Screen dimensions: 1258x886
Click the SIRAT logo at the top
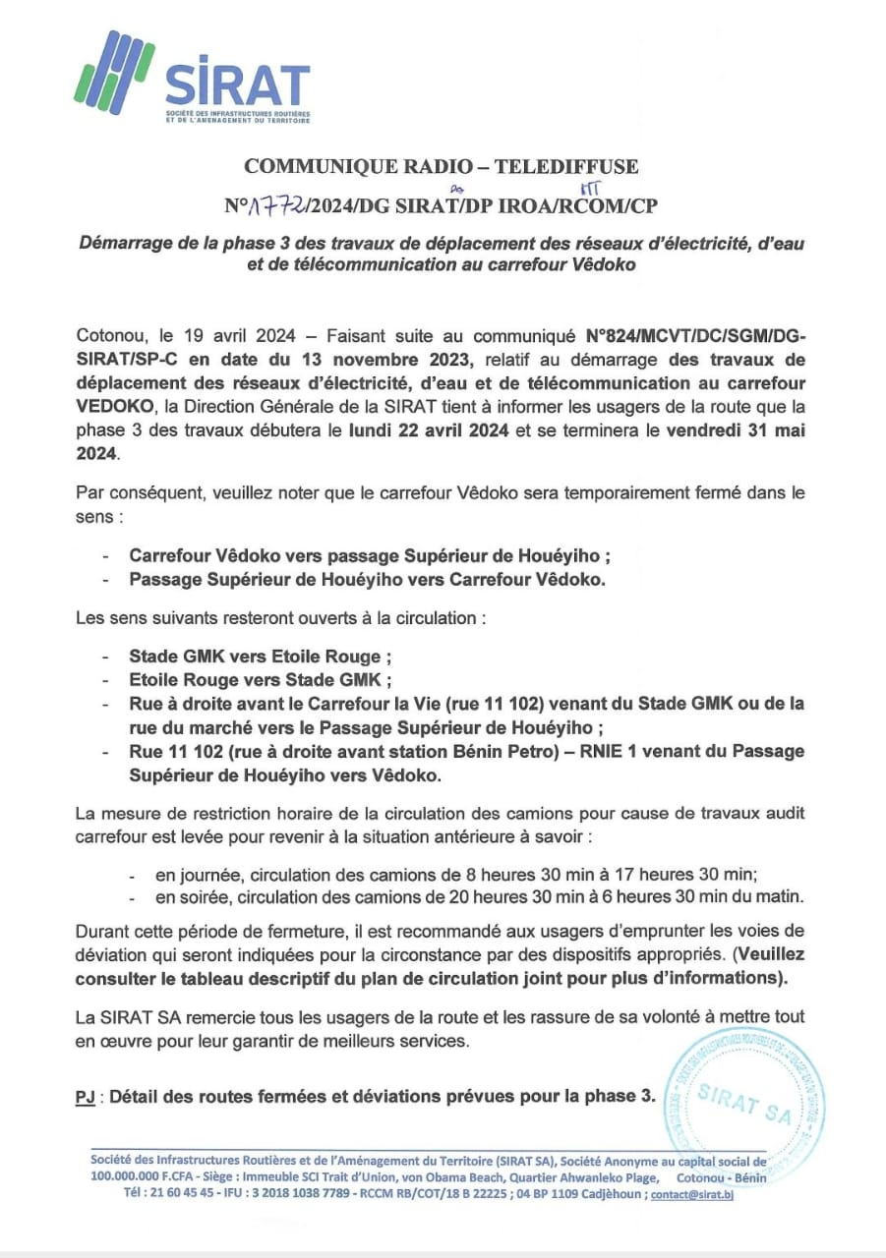193,81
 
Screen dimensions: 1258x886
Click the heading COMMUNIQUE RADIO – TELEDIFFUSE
441,166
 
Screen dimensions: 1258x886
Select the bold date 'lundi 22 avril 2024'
426,432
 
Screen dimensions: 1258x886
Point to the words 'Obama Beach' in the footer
474,1176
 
